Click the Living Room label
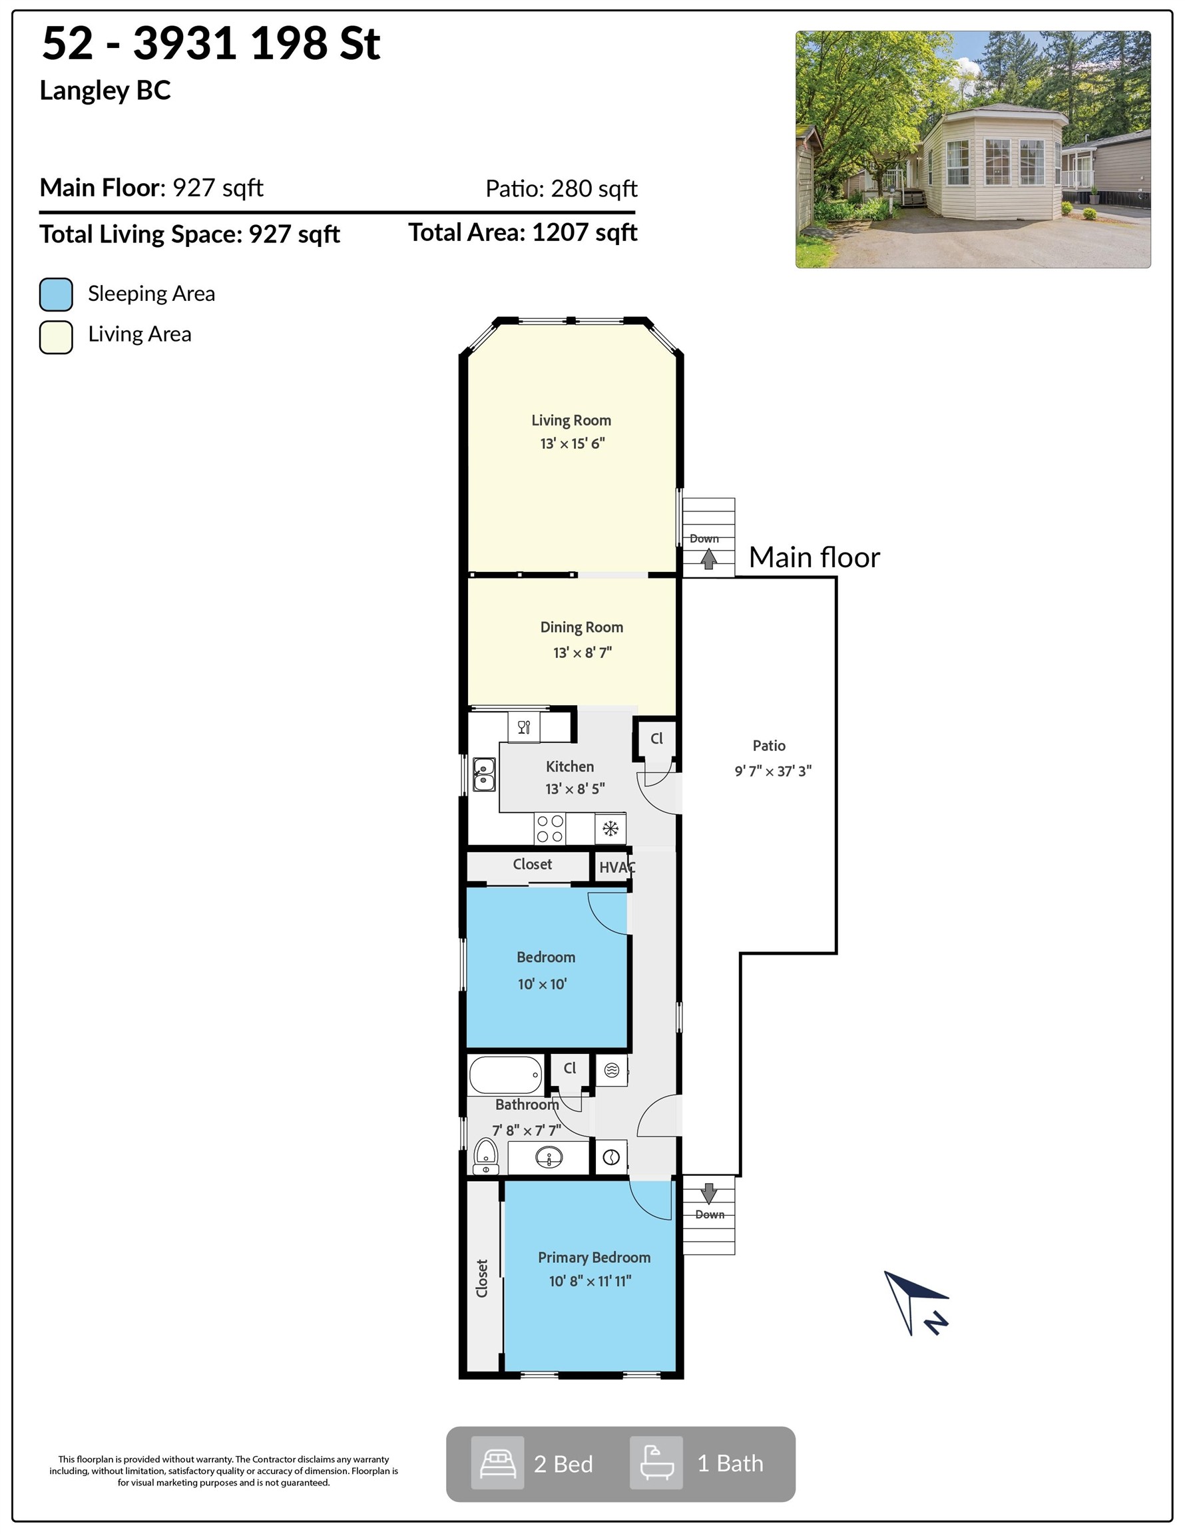[x=571, y=420]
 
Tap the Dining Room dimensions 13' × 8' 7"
[x=583, y=652]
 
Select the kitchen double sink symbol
[x=484, y=774]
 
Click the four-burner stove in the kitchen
[x=551, y=828]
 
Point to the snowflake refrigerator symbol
[x=610, y=829]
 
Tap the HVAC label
[x=616, y=868]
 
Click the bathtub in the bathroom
[x=506, y=1075]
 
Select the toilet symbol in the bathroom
[x=486, y=1156]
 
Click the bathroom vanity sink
[x=549, y=1156]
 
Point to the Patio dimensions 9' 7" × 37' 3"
[x=773, y=771]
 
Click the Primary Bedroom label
[x=594, y=1257]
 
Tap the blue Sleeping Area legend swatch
[x=56, y=294]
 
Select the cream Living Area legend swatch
[x=56, y=337]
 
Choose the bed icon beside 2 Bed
[x=497, y=1463]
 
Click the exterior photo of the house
[x=973, y=150]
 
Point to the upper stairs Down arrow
[x=709, y=559]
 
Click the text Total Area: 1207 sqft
[x=523, y=232]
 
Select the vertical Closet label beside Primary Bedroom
[x=482, y=1278]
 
